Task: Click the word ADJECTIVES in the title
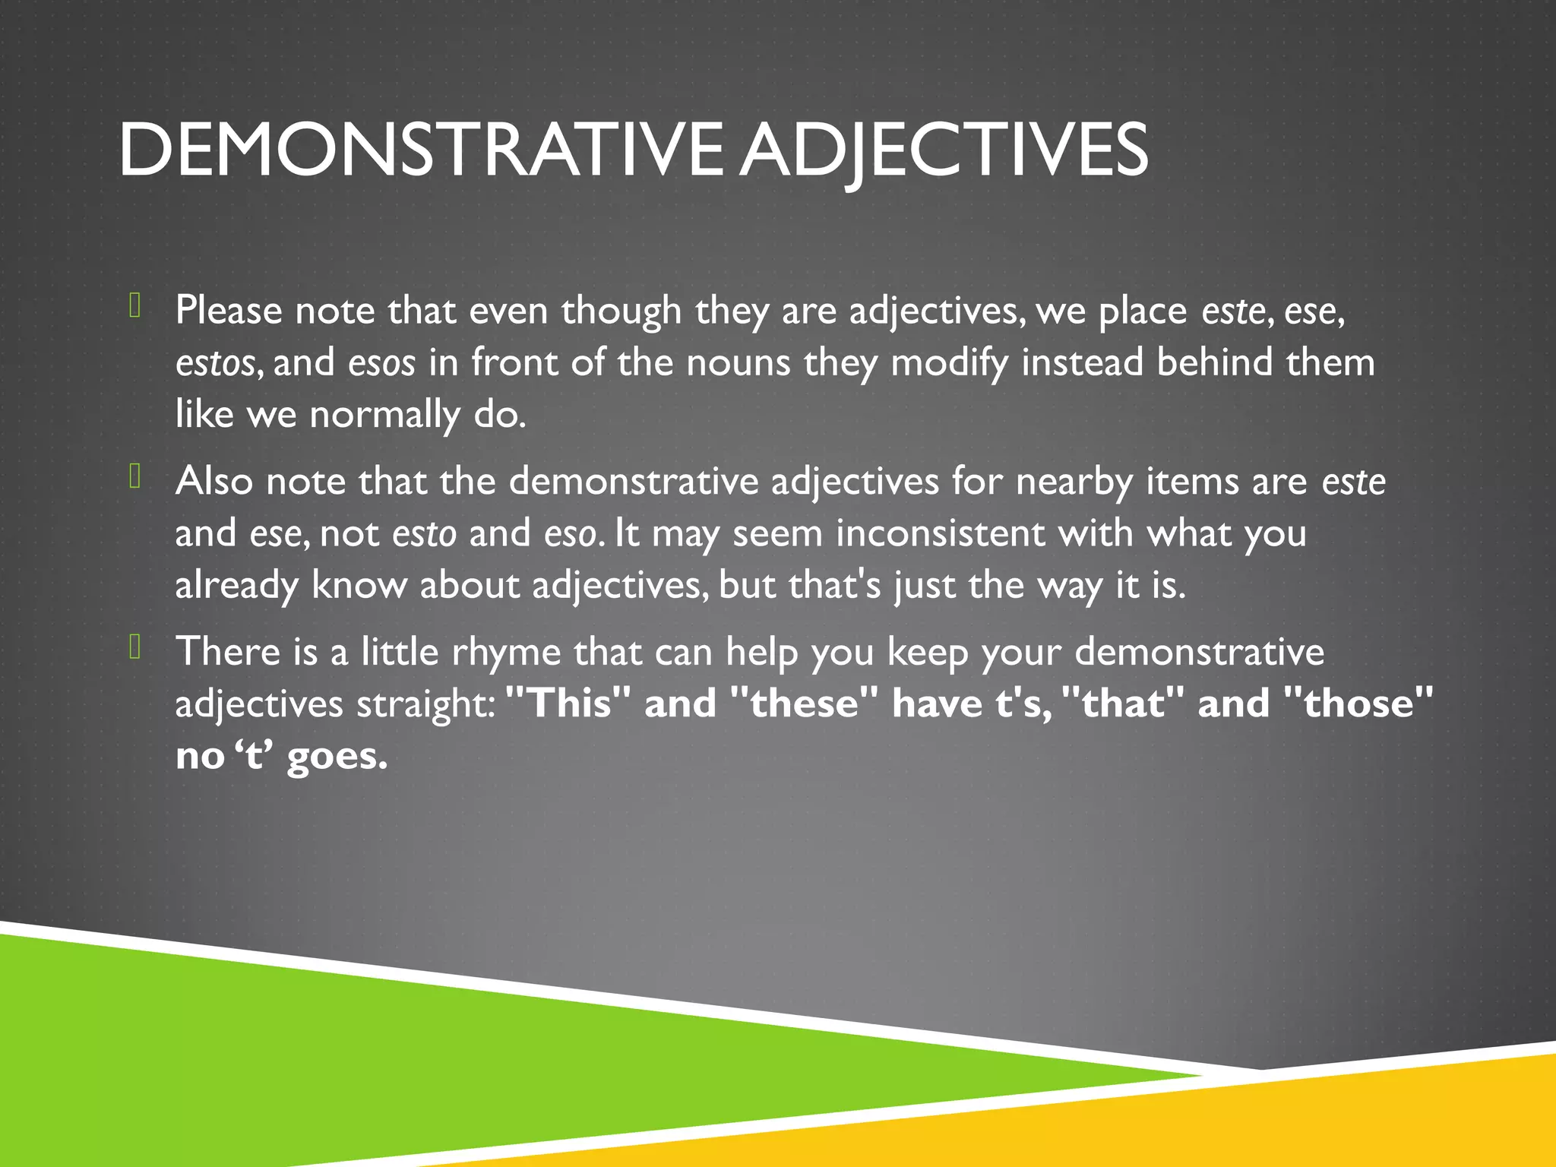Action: point(944,150)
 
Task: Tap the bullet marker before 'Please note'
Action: point(135,305)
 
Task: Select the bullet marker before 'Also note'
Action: point(135,476)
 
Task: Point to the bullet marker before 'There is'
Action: point(135,647)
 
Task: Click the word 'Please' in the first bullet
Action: point(229,312)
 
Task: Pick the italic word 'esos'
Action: point(381,363)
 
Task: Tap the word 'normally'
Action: point(384,415)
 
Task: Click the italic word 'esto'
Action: point(424,534)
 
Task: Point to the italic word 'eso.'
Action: point(574,534)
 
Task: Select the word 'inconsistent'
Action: point(941,534)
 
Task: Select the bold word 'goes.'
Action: point(337,757)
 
